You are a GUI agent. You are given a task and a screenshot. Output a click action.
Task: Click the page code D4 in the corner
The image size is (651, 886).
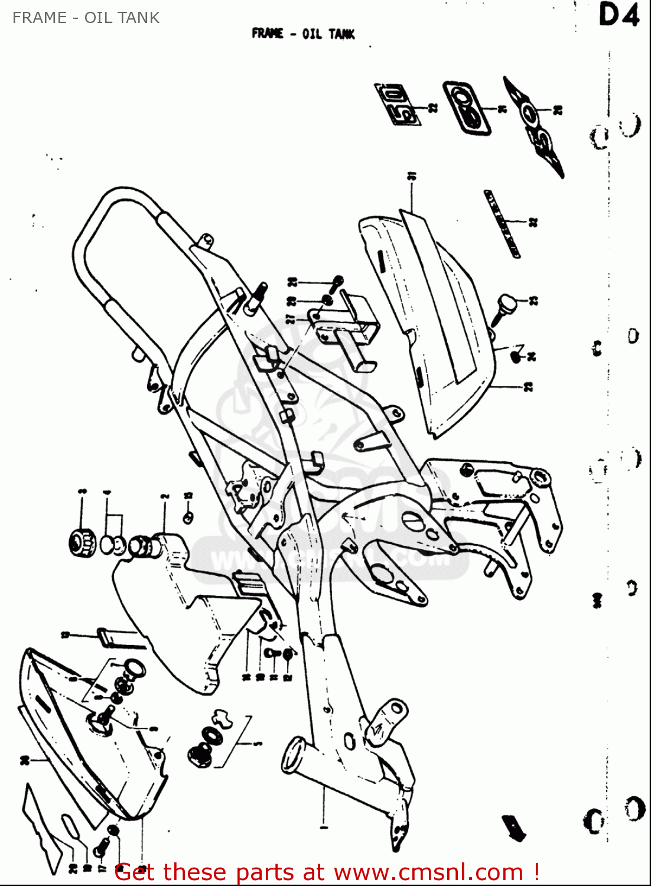point(619,15)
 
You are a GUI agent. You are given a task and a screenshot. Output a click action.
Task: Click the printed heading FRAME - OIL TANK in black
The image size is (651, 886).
point(302,34)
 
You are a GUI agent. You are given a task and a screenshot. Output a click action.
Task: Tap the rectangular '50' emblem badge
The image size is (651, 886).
point(396,105)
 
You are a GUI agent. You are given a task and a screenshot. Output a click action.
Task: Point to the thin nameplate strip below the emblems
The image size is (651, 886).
point(502,223)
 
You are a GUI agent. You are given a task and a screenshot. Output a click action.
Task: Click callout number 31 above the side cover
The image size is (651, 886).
point(411,177)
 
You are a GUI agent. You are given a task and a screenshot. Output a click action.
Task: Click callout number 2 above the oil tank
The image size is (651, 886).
point(165,497)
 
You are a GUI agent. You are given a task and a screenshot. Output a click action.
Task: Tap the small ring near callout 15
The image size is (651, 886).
point(188,517)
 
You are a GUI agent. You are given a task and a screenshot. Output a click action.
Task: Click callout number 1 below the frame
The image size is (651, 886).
point(323,826)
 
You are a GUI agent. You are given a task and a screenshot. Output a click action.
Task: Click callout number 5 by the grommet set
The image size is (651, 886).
point(259,744)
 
